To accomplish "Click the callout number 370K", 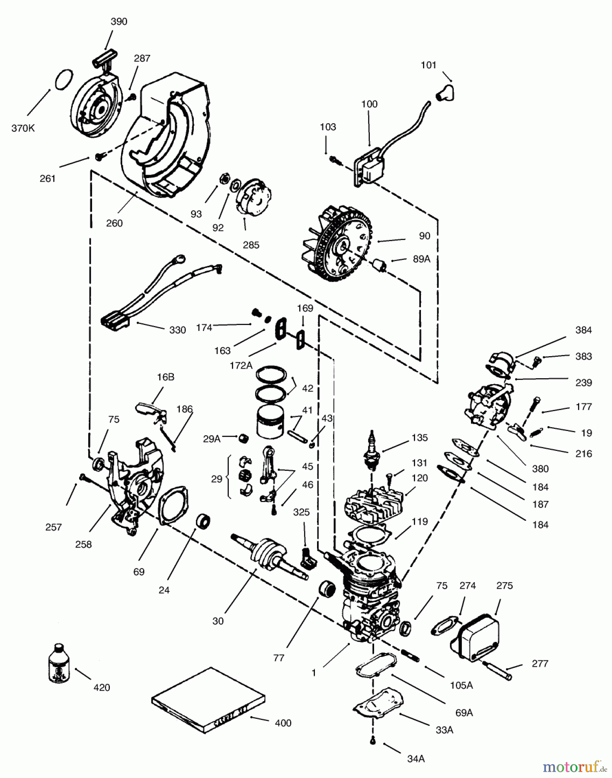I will tap(23, 128).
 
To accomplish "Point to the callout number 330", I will tap(177, 330).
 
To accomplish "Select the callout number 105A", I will tap(461, 685).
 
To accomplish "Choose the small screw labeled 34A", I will tap(372, 742).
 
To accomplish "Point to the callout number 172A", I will tap(241, 365).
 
